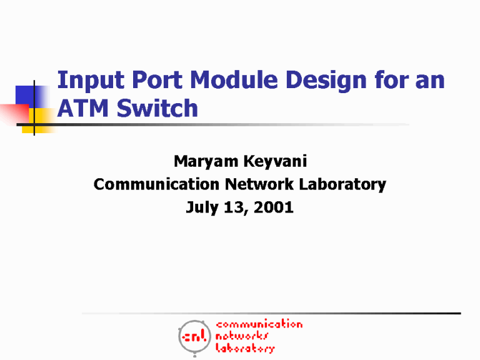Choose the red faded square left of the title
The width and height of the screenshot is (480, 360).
[14, 113]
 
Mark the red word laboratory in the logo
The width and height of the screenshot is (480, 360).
[245, 348]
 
